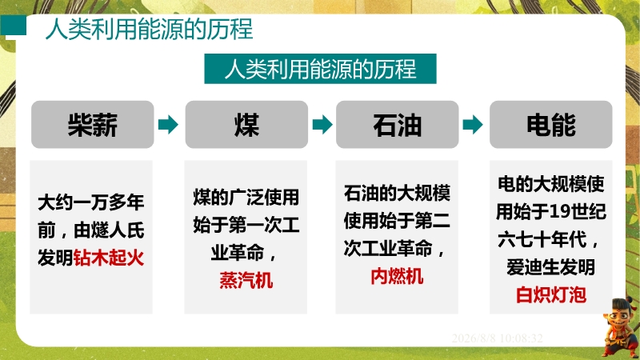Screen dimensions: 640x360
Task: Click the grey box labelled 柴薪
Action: point(93,125)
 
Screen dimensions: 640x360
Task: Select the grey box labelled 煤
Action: point(246,125)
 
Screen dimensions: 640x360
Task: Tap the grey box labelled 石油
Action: point(397,125)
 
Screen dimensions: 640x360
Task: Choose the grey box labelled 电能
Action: point(551,125)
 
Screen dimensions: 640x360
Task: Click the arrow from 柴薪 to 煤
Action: point(168,125)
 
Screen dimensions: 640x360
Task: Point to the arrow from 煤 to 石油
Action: point(322,125)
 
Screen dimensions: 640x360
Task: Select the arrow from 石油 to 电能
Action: point(473,125)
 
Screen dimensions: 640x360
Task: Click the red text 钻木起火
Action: point(109,258)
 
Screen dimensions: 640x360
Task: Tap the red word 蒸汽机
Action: point(246,281)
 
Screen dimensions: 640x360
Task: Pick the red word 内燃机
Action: point(397,277)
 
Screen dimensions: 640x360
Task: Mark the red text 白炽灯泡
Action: point(551,294)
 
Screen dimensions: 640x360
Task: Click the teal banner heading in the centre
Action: point(321,69)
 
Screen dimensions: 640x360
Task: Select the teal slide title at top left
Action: point(149,30)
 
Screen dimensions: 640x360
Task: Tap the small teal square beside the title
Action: point(14,26)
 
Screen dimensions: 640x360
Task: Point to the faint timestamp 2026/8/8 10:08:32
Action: point(497,338)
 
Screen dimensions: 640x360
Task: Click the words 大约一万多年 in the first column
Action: point(90,202)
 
